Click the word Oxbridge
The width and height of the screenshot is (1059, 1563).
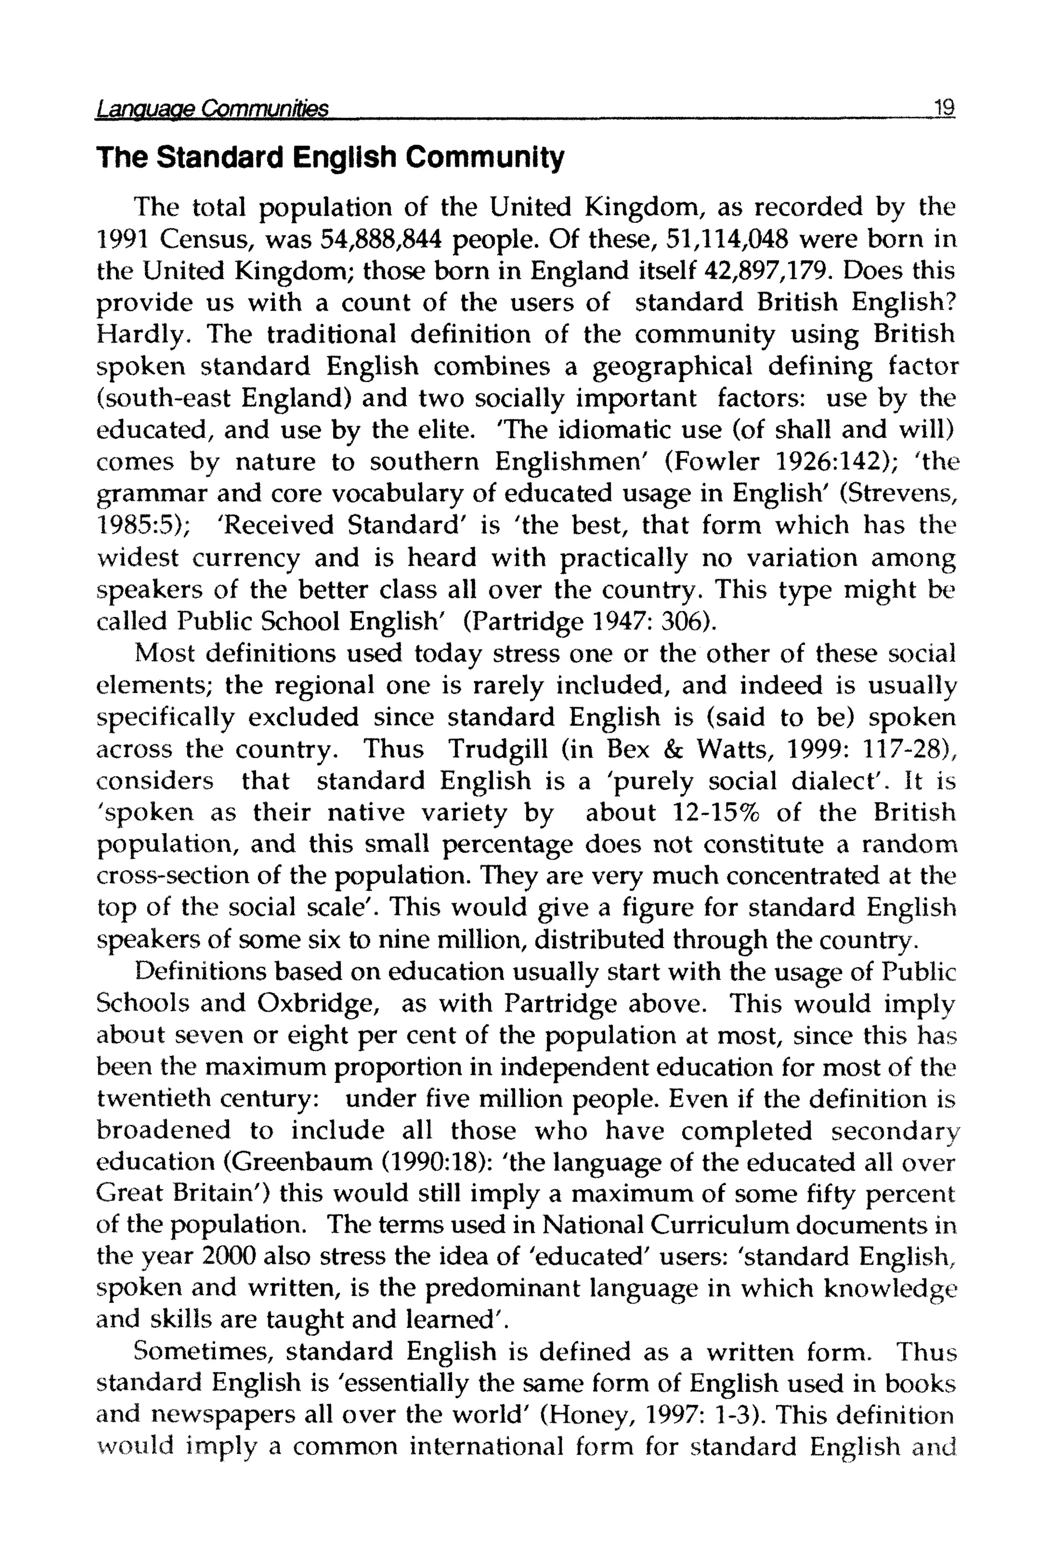click(315, 1004)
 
